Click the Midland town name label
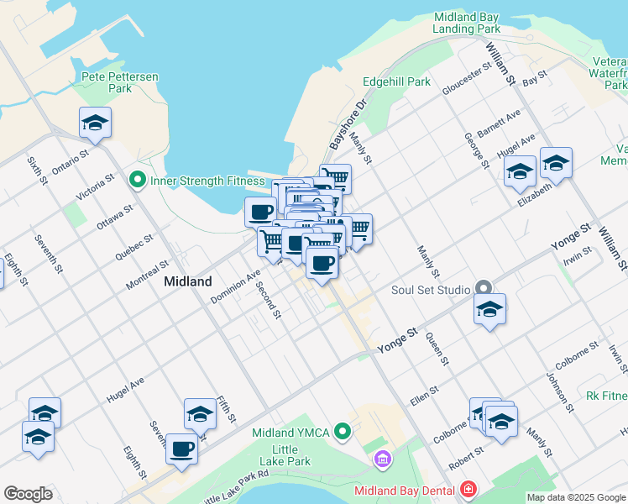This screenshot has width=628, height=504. pos(188,281)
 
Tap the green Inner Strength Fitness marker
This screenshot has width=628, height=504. pos(136,180)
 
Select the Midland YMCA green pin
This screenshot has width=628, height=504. pos(342,433)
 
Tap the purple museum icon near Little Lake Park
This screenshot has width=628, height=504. pos(383,459)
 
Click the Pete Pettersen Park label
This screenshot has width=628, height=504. pos(120,82)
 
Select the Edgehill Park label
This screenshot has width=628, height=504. pos(396,81)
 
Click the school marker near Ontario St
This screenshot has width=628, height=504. pos(95,123)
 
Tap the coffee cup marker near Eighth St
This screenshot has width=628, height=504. pos(181,449)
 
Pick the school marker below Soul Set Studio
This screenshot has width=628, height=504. pos(489,309)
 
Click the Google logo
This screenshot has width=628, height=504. pos(28,494)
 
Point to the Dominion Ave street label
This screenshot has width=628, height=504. pos(235,286)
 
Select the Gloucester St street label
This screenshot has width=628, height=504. pos(467,87)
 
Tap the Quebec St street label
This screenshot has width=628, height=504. pos(133,249)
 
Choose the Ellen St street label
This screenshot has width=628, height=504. pos(424,393)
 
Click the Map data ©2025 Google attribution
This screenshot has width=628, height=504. pos(576,497)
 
